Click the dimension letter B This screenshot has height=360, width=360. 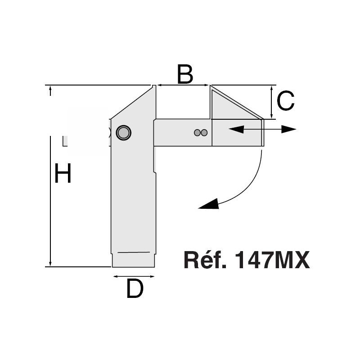pos(185,74)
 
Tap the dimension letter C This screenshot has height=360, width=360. pos(286,100)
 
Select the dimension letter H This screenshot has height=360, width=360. pos(63,173)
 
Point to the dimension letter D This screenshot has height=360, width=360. pos(135,288)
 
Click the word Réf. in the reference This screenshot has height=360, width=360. pos(205,260)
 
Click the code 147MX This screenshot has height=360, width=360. pos(273,260)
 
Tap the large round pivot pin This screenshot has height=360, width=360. pos(123,133)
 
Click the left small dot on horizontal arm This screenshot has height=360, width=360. pos(197,133)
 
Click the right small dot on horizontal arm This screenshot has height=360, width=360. pos(204,133)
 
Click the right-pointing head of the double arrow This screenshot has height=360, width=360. pos(289,129)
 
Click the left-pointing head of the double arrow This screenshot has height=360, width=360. pos(236,129)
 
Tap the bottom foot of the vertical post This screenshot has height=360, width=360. pos(133,260)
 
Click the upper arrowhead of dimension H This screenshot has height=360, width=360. pos(50,91)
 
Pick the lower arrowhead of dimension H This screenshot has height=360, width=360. pos(50,261)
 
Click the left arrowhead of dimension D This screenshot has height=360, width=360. pos(116,276)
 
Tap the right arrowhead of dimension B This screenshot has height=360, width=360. pos(206,85)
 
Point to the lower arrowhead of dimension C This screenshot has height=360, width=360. pos(272,116)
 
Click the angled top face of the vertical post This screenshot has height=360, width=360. pos(131,103)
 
